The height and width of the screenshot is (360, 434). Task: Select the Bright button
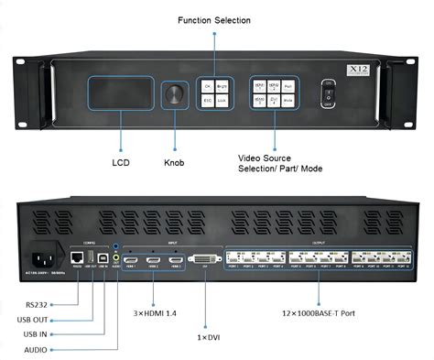[221, 86]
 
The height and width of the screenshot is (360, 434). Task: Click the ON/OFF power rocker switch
[331, 94]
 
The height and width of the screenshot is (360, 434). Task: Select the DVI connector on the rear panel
[203, 261]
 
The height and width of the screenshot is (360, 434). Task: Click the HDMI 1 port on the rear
[131, 261]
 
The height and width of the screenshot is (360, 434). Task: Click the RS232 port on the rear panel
[79, 260]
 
